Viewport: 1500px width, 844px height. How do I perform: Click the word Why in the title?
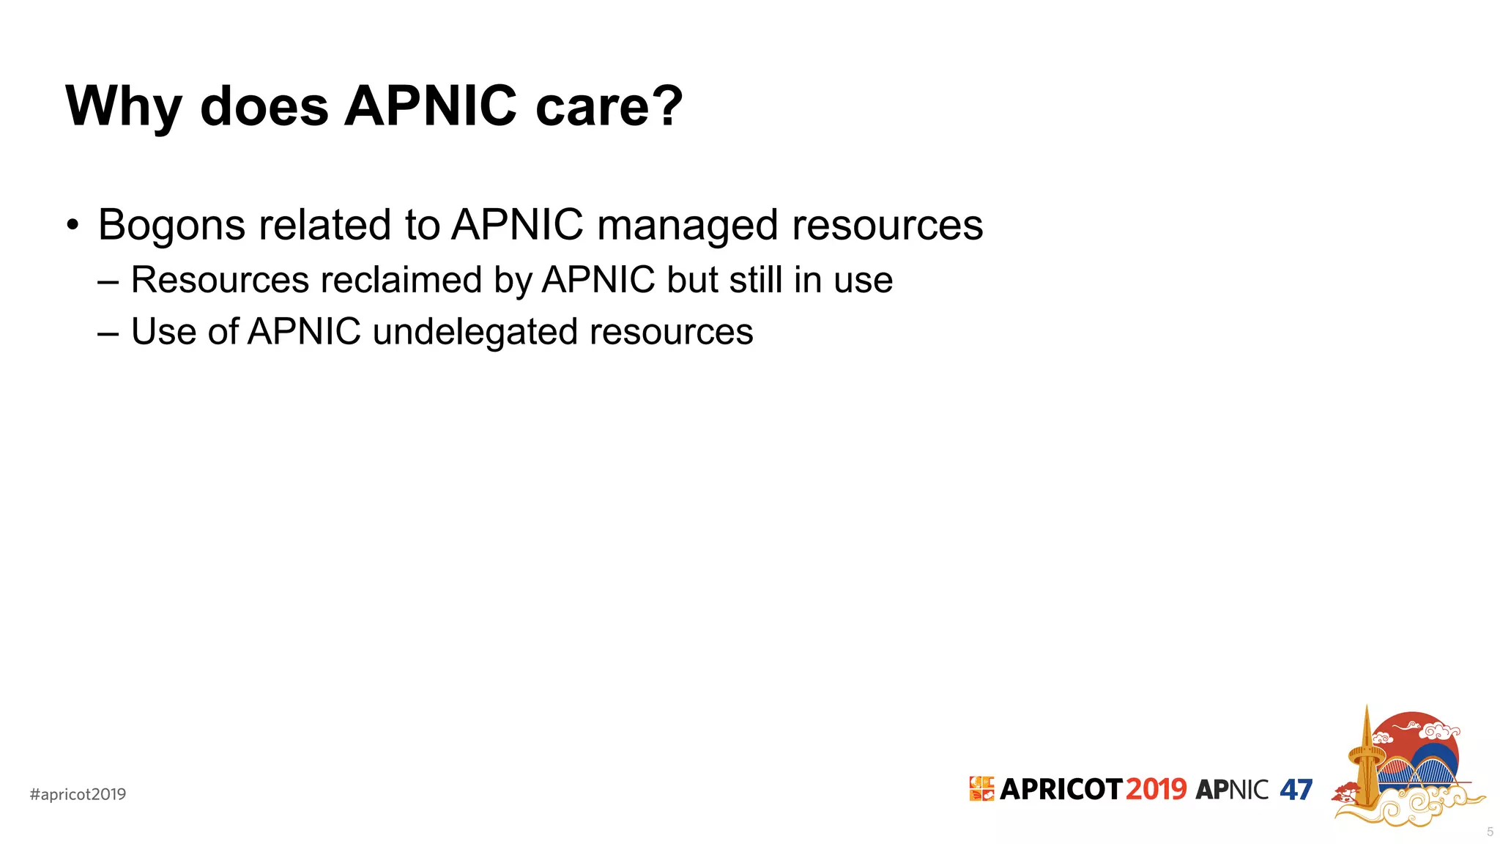point(123,107)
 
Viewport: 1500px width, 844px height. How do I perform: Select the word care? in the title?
point(609,107)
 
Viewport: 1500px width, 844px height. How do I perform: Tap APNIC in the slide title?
point(431,107)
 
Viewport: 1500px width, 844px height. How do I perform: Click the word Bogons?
point(172,225)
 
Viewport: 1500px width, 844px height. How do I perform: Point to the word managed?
point(687,225)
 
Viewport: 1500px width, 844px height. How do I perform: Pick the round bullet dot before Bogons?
point(72,224)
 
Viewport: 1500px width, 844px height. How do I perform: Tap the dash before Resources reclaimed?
point(108,281)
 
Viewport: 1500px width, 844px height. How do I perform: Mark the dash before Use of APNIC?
point(108,333)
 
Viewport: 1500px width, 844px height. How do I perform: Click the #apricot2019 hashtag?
point(78,794)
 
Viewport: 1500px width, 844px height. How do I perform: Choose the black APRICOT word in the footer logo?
point(1061,790)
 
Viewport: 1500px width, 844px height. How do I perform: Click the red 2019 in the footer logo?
point(1156,790)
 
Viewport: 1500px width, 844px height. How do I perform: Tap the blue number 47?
point(1296,790)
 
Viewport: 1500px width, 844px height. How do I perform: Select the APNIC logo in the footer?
point(1232,790)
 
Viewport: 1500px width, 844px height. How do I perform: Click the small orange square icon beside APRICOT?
point(981,789)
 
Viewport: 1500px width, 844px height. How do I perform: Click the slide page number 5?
point(1490,832)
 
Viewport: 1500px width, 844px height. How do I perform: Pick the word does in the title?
point(264,107)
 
